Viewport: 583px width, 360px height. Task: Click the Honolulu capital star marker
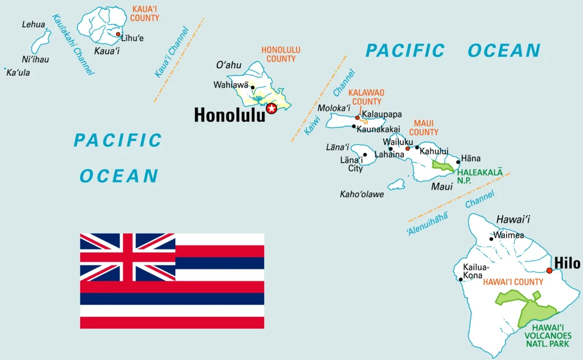(272, 108)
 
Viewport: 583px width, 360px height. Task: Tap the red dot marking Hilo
(549, 271)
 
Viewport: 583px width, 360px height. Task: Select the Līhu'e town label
(133, 38)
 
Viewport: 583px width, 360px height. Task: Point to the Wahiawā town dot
(252, 87)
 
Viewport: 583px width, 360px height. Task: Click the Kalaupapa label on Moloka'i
(381, 114)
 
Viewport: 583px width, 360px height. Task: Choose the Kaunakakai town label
(378, 129)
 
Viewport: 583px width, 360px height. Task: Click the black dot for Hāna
(458, 162)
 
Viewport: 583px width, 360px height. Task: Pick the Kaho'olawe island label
(362, 194)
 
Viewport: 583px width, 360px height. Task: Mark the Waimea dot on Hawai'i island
(491, 239)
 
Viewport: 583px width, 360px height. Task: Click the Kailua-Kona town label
(477, 271)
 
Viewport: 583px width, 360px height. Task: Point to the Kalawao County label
(366, 97)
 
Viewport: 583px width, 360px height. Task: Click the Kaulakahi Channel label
(73, 44)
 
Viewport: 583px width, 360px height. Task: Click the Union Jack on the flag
(128, 257)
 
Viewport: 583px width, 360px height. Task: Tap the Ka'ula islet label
(18, 73)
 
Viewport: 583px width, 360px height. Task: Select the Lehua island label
(33, 24)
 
